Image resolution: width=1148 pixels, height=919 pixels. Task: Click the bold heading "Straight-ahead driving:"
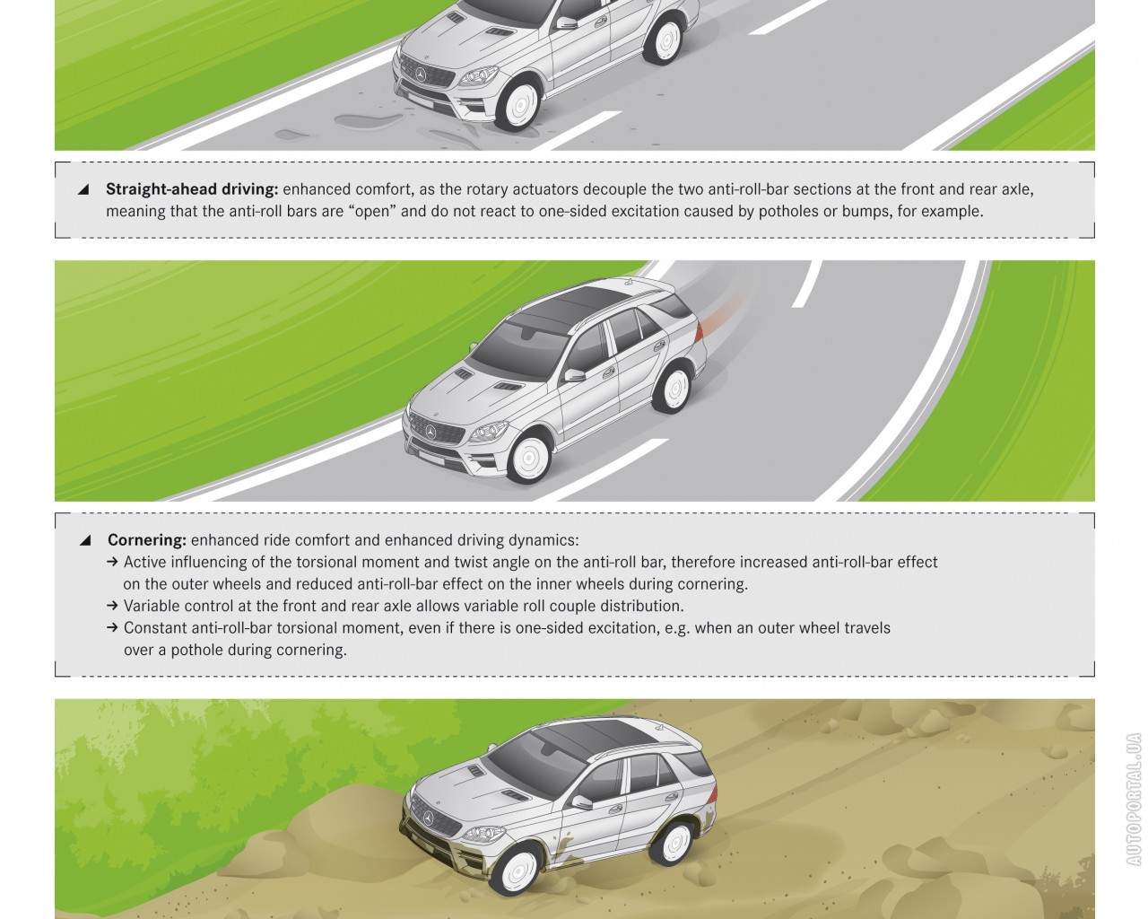(x=192, y=189)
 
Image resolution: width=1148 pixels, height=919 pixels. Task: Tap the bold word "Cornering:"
(x=147, y=540)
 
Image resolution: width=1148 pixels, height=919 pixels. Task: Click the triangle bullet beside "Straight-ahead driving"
(x=83, y=189)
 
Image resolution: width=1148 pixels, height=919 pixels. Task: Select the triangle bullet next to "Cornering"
(x=85, y=540)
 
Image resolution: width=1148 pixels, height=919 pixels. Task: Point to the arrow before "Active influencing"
(x=112, y=561)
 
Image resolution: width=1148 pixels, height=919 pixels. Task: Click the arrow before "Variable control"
(x=112, y=605)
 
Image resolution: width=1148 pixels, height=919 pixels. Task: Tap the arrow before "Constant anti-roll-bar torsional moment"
(x=112, y=627)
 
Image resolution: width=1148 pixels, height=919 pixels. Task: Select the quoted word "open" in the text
(x=372, y=212)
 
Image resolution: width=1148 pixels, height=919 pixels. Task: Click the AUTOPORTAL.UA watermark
(x=1135, y=799)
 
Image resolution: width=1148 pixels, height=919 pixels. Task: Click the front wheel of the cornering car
(x=528, y=459)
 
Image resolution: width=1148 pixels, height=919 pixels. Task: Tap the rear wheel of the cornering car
(x=674, y=389)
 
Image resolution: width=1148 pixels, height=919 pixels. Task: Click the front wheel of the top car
(x=518, y=104)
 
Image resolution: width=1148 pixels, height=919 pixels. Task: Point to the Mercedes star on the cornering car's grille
(x=431, y=432)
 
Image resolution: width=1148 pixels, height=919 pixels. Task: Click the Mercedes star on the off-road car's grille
(x=429, y=818)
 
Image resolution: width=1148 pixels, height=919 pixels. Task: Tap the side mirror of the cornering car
(x=574, y=375)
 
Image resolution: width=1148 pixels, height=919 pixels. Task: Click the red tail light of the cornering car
(x=700, y=330)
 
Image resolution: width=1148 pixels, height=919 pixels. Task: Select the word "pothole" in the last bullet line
(x=196, y=650)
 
